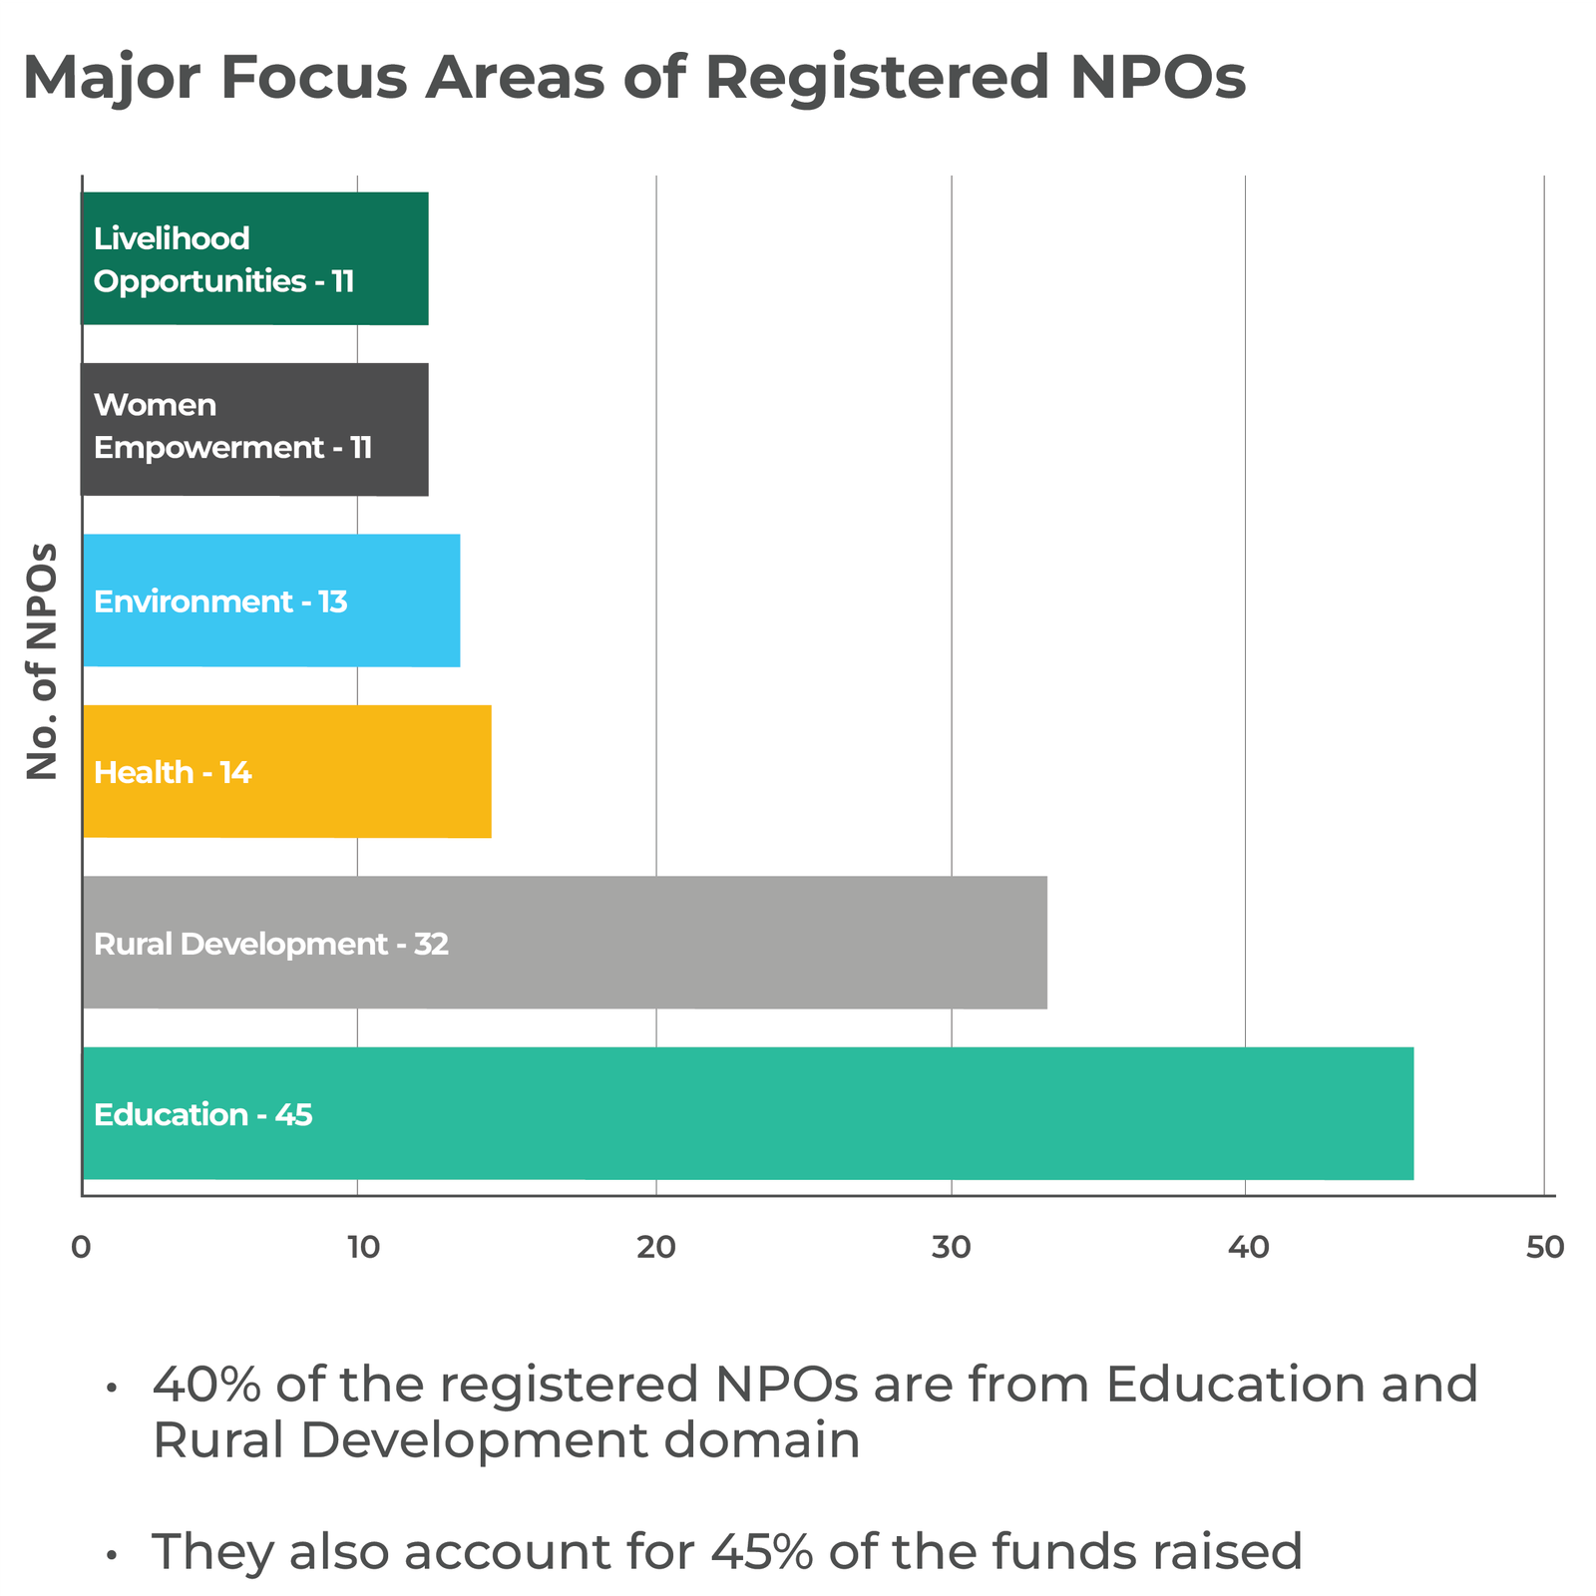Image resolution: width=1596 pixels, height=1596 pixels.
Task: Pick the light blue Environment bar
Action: pos(399,600)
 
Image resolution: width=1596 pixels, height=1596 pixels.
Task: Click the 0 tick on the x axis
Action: pos(81,1248)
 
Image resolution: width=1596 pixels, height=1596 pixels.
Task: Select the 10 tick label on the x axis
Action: pos(361,1248)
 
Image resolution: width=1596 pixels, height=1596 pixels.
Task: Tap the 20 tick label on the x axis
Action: pos(655,1248)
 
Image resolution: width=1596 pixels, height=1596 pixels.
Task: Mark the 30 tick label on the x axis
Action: pos(951,1248)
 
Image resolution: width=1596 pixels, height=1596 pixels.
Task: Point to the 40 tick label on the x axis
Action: pos(1246,1248)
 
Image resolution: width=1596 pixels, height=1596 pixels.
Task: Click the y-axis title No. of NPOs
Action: pos(42,660)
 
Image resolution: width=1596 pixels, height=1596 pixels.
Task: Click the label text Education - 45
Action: pos(202,1114)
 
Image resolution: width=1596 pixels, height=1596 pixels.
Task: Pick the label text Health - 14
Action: pos(172,772)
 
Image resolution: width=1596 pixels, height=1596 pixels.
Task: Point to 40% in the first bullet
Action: pos(205,1385)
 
